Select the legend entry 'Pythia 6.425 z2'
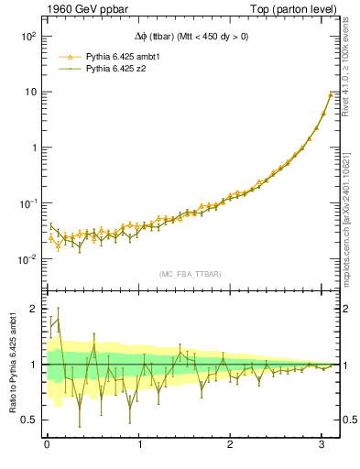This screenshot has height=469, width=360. (x=113, y=68)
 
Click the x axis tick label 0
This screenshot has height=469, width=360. (x=47, y=445)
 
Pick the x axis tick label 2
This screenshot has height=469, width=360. (x=232, y=445)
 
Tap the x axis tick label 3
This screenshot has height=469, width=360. (x=324, y=445)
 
